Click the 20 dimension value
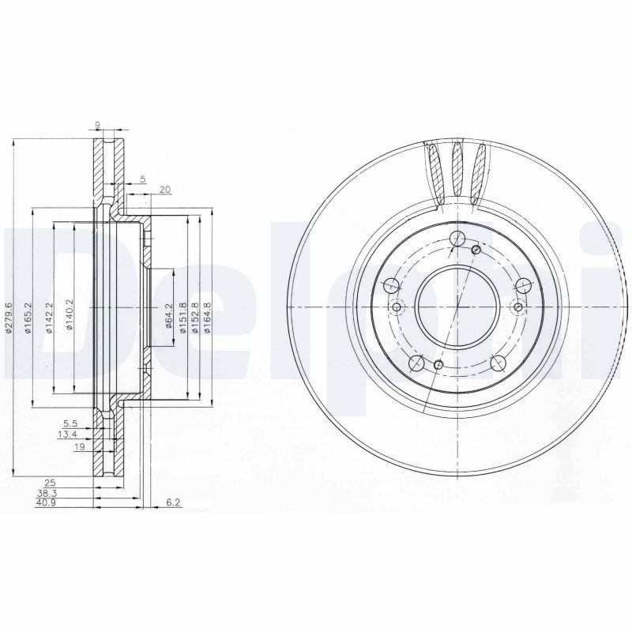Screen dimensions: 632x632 click(x=165, y=190)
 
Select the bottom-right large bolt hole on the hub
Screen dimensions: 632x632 click(x=498, y=363)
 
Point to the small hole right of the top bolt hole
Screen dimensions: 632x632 click(x=476, y=250)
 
